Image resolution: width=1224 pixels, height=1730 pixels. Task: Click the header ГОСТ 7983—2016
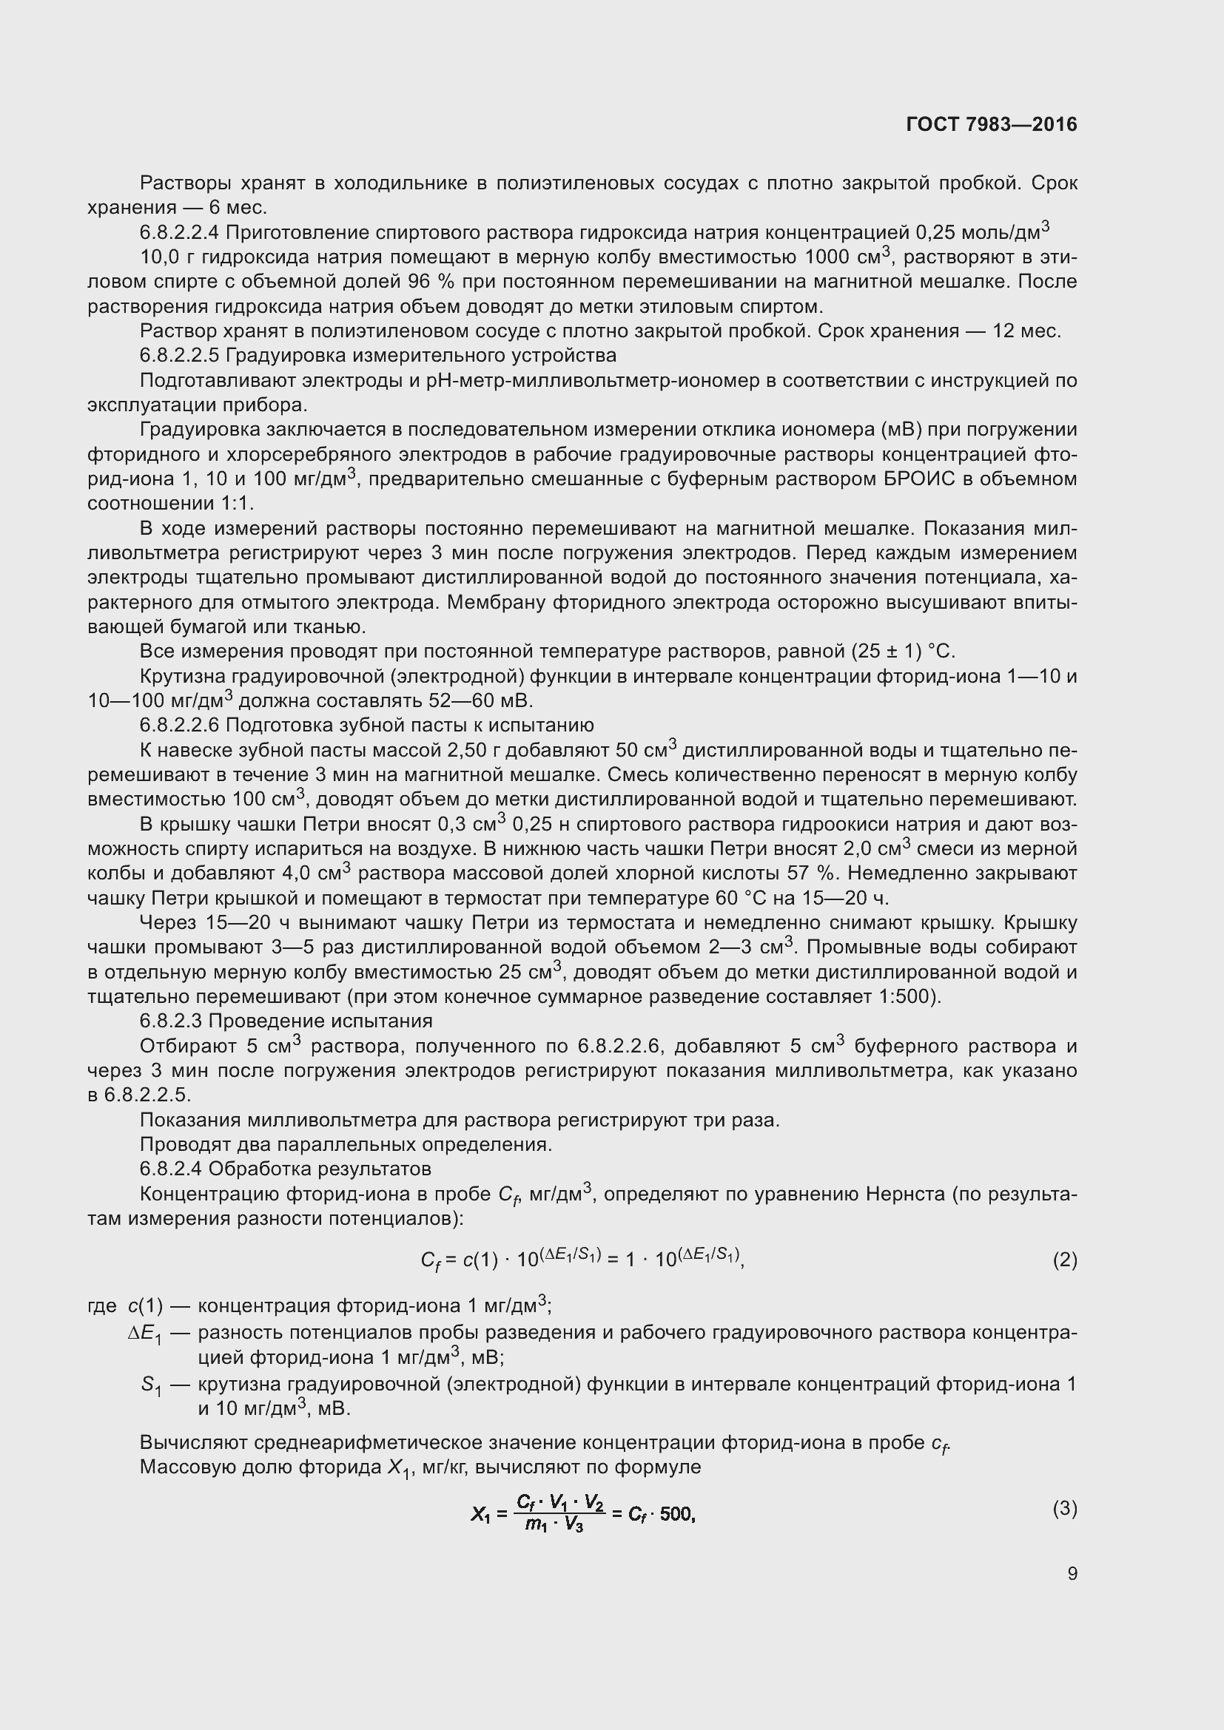(x=991, y=124)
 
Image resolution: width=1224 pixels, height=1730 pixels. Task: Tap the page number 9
(x=1072, y=1573)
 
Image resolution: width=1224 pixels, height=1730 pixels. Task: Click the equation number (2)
(x=1064, y=1260)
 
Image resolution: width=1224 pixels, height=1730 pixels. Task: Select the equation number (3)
(x=1064, y=1510)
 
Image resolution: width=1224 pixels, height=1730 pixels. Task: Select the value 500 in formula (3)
(x=676, y=1515)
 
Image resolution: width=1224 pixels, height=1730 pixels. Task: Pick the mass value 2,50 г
(x=474, y=751)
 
